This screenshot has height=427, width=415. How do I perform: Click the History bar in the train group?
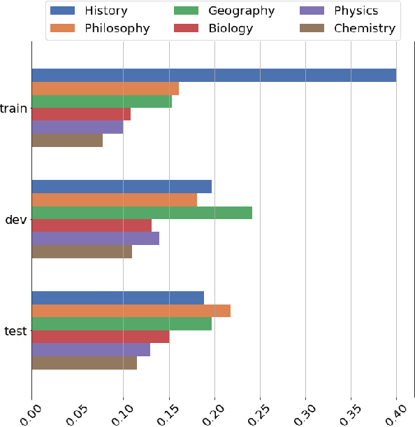coord(214,76)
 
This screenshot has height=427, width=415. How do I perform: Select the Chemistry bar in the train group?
coord(67,141)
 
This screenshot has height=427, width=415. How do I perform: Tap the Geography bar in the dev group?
coord(142,213)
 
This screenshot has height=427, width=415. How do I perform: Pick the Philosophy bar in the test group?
coord(131,311)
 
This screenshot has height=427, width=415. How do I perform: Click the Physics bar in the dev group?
coord(95,239)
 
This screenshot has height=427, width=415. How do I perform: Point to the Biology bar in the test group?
coord(101,337)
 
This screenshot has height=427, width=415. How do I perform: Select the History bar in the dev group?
coord(122,187)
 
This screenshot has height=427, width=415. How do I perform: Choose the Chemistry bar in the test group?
coord(84,363)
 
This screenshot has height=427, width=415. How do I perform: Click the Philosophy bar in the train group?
coord(105,89)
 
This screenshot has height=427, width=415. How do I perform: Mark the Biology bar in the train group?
coord(81,115)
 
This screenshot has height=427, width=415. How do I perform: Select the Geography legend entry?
coord(241,11)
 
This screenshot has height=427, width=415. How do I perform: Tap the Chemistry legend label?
coord(364,29)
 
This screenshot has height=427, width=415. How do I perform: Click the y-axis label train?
coord(13,108)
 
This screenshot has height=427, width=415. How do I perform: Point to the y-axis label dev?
coord(16,220)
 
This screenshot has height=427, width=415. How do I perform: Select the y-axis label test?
coord(15,331)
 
